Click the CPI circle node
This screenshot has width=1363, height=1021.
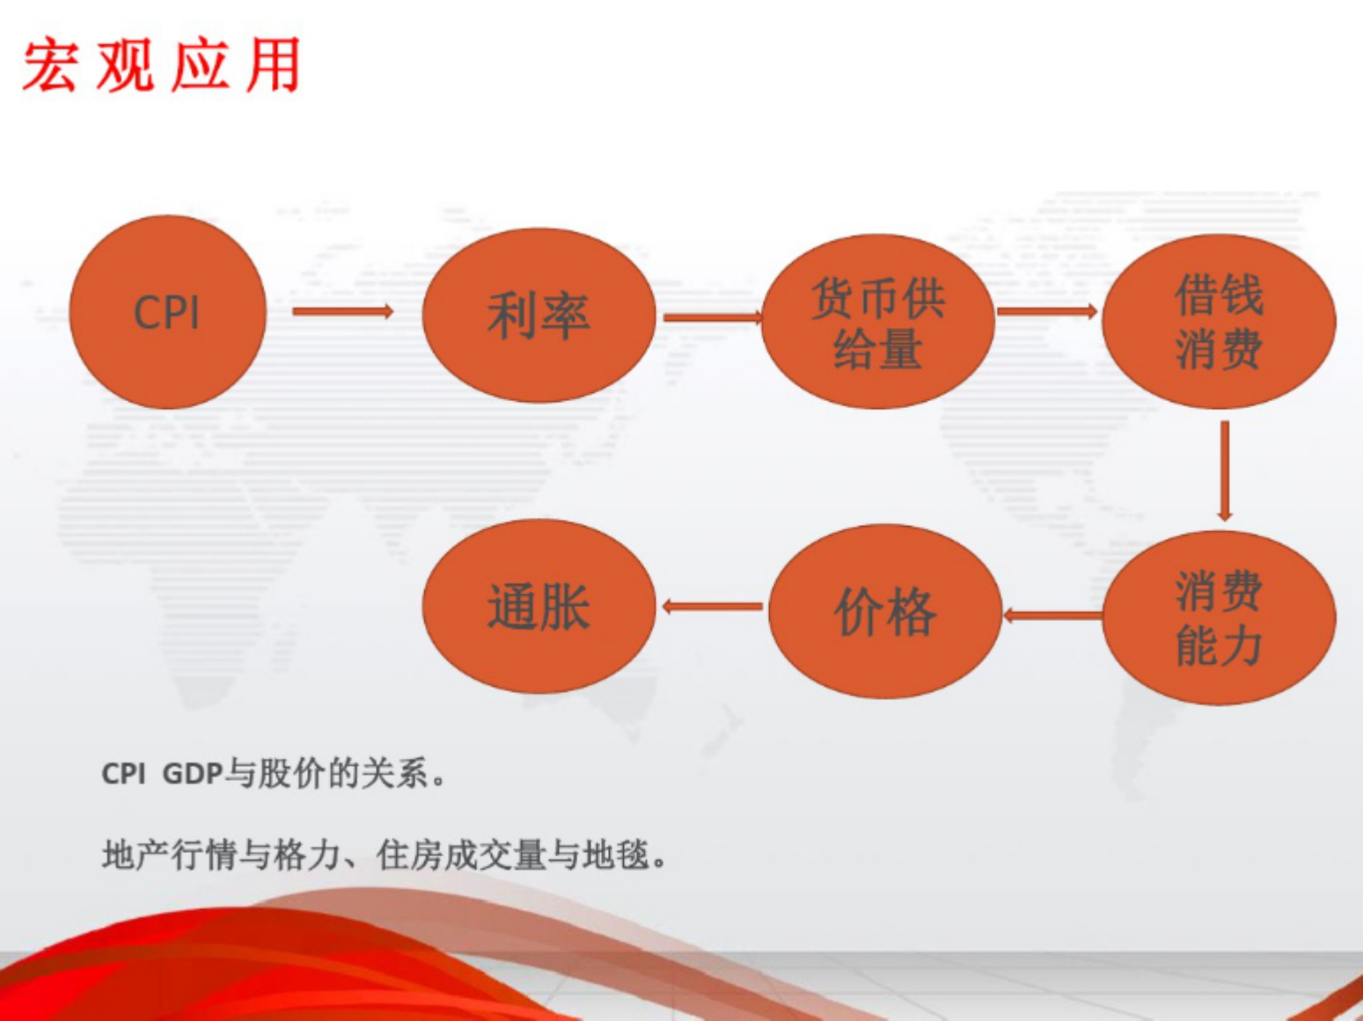pos(167,312)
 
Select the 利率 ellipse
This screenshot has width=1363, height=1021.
pos(539,315)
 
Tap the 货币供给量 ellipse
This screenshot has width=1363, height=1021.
pos(877,322)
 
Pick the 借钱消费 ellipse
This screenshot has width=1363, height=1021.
pos(1219,321)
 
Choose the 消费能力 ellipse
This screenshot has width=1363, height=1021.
pos(1219,617)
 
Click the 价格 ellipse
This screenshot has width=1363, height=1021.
pos(884,611)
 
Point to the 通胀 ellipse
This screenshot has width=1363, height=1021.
pos(539,606)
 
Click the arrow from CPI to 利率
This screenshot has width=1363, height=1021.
pos(342,311)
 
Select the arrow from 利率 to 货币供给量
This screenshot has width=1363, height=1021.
pos(712,317)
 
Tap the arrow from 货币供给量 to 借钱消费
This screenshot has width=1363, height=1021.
pos(1047,310)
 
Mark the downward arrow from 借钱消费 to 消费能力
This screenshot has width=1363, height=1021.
pos(1224,470)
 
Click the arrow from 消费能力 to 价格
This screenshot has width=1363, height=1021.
pos(1052,615)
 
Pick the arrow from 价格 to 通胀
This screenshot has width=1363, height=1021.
pos(712,606)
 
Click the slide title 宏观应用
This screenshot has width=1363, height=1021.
pos(161,65)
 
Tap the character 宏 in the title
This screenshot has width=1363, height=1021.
pos(48,65)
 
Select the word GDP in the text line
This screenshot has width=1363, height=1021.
pos(192,774)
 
